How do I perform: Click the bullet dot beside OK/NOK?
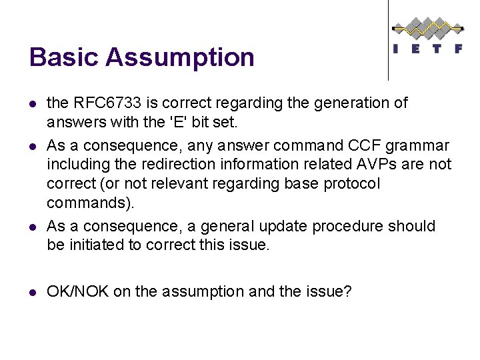point(33,291)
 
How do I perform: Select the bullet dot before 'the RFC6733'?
point(33,104)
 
